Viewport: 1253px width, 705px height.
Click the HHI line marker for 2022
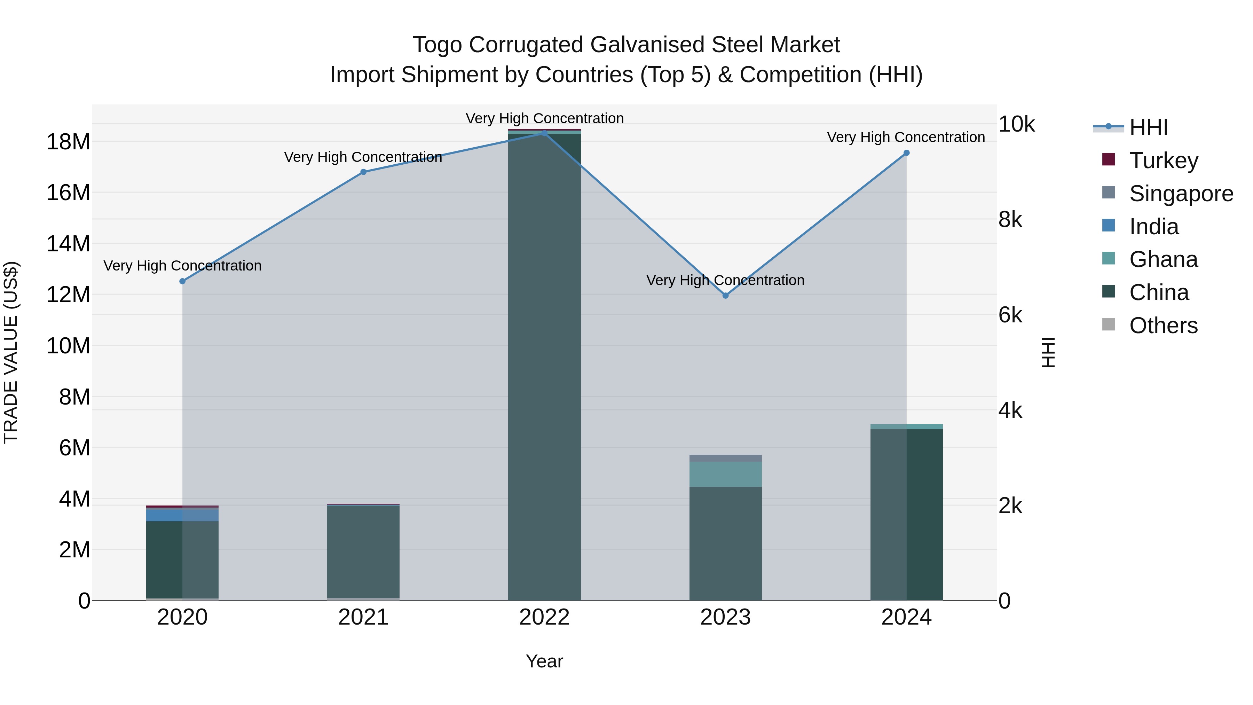(x=544, y=133)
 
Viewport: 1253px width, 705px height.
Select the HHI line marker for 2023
(x=725, y=295)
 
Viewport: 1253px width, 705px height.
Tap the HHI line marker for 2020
(x=182, y=281)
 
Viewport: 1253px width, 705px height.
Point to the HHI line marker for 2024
(x=906, y=153)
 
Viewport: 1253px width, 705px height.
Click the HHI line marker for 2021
(x=363, y=172)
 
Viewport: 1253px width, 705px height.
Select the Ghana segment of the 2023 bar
(x=725, y=474)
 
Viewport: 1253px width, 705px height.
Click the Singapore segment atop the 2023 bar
(x=725, y=458)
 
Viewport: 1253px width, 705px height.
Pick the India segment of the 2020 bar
(x=182, y=514)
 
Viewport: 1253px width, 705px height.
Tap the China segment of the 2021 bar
(x=363, y=552)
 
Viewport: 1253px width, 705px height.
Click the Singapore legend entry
(x=1181, y=194)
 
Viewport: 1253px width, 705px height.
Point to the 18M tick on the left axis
(x=68, y=142)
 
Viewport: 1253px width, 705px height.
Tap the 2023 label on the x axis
(x=725, y=617)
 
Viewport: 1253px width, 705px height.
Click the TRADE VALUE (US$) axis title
(x=11, y=352)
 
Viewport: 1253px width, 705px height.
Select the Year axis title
(x=544, y=661)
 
